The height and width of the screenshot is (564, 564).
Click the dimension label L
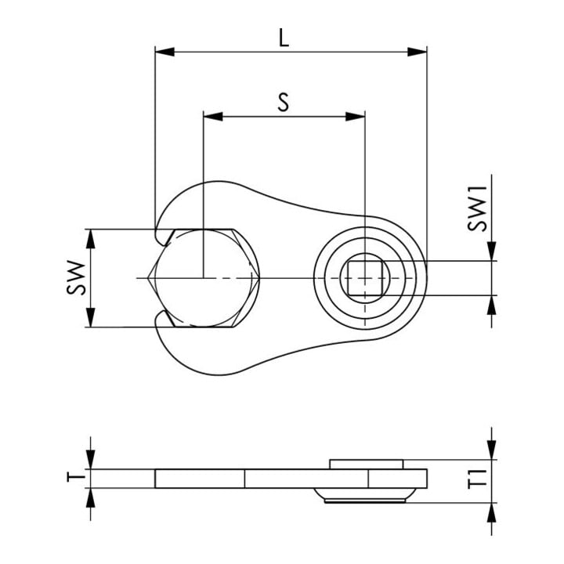coord(284,38)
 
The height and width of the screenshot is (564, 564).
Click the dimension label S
coord(284,102)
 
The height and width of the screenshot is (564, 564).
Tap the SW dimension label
coord(76,277)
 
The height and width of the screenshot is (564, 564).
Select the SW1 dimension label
coord(477,208)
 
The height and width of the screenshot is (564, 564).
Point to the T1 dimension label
coord(477,479)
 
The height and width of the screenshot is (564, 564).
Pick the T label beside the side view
coord(76,477)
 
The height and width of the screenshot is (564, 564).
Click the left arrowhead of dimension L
coord(164,52)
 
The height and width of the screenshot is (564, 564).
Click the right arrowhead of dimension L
coord(417,52)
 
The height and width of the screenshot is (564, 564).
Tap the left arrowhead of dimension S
coord(213,116)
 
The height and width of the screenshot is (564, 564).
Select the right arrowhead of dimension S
coord(356,116)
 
